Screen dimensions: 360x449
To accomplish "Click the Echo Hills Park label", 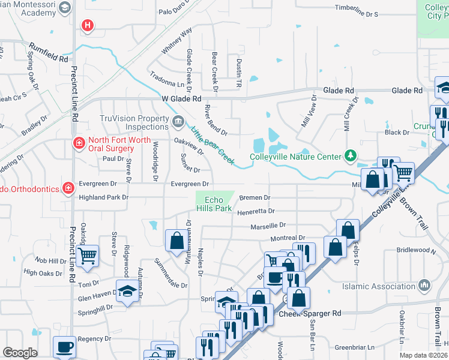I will click(x=218, y=204).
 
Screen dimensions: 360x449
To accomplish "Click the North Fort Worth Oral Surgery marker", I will click(x=79, y=143).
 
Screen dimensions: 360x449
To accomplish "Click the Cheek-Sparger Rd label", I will click(x=310, y=313).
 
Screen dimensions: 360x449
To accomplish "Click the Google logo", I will click(x=20, y=353).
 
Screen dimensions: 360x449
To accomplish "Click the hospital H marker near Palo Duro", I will click(x=88, y=25).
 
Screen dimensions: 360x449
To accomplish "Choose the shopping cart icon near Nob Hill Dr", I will click(x=88, y=256).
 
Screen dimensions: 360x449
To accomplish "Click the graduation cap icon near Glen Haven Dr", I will click(x=127, y=291).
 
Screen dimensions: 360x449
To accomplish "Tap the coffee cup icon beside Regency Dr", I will click(x=64, y=346).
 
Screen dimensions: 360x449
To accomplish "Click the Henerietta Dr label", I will click(x=255, y=211).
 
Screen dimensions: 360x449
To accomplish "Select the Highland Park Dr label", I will click(x=100, y=197).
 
